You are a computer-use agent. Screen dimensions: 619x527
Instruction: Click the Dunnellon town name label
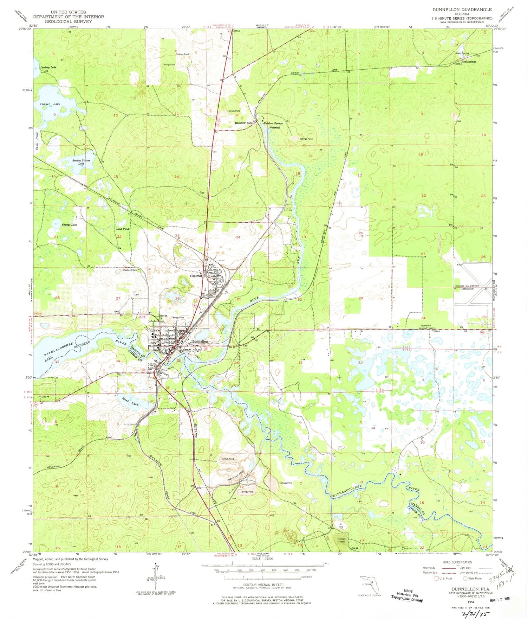200,342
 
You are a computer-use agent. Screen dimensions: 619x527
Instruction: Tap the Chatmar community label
196,276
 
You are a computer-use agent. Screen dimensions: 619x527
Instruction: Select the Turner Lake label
50,104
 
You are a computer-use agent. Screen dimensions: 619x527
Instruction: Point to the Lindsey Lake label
48,67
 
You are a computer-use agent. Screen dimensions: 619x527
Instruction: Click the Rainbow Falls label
243,123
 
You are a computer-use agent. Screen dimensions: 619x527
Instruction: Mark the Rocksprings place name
469,62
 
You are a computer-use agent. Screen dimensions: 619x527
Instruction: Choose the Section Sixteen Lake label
81,162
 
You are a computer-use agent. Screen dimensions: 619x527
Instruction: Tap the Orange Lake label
69,224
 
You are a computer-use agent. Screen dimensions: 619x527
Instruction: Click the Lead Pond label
123,229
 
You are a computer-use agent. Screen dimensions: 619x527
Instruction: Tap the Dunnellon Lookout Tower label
426,327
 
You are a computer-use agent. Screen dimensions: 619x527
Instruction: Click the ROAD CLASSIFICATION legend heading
457,562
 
